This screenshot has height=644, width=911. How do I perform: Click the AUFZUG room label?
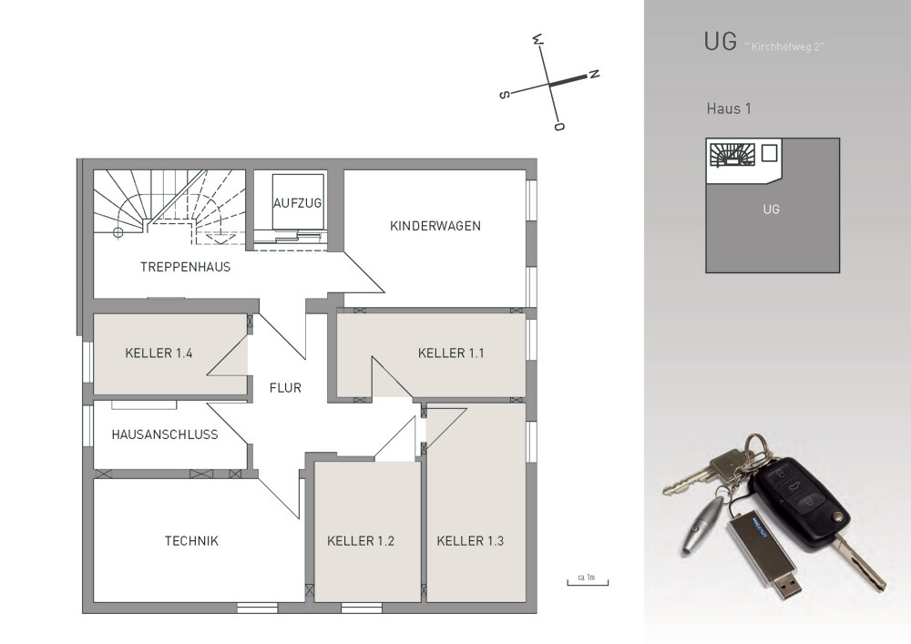pyautogui.click(x=298, y=202)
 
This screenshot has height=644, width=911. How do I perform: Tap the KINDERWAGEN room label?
pyautogui.click(x=435, y=226)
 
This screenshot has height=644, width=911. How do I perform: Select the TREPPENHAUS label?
pyautogui.click(x=185, y=267)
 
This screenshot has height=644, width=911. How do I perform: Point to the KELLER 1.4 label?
pyautogui.click(x=159, y=353)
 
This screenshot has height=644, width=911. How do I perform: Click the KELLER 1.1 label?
pyautogui.click(x=452, y=353)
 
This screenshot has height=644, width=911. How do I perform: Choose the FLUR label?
pyautogui.click(x=285, y=387)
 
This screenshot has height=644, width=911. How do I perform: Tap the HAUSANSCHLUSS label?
pyautogui.click(x=165, y=434)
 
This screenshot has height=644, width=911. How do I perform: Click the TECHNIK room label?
pyautogui.click(x=191, y=540)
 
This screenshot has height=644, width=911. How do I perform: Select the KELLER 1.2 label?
pyautogui.click(x=361, y=541)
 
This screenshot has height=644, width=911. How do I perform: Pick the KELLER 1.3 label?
pyautogui.click(x=470, y=541)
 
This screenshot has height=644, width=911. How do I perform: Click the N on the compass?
pyautogui.click(x=593, y=74)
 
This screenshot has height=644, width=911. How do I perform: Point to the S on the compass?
pyautogui.click(x=504, y=94)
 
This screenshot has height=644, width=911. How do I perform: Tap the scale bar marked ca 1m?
pyautogui.click(x=587, y=579)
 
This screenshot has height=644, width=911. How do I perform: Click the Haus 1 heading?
pyautogui.click(x=729, y=108)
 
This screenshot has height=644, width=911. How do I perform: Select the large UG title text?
pyautogui.click(x=720, y=42)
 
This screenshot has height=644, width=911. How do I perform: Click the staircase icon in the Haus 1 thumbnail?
pyautogui.click(x=732, y=156)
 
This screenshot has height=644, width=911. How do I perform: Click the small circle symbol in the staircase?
pyautogui.click(x=118, y=232)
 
